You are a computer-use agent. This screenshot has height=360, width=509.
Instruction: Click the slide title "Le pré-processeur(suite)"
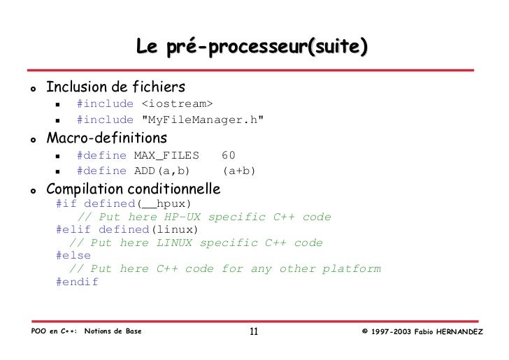pos(252,48)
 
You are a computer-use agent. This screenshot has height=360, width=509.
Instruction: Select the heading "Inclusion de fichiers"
pos(115,87)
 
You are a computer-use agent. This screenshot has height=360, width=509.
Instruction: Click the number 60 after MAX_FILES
pos(229,154)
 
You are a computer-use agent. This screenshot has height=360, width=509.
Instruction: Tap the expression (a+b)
pos(239,171)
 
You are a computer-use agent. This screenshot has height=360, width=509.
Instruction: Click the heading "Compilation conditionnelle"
pos(133,189)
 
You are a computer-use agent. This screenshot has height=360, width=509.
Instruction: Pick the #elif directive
pos(73,229)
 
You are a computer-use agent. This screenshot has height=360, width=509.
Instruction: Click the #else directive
pos(73,256)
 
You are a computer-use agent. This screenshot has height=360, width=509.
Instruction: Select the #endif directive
pos(77,282)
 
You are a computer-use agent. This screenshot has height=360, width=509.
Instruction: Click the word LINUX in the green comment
pos(174,243)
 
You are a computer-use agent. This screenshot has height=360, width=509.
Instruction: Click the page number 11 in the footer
pos(254,331)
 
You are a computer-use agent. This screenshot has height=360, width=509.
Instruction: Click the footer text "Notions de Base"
pos(113,331)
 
